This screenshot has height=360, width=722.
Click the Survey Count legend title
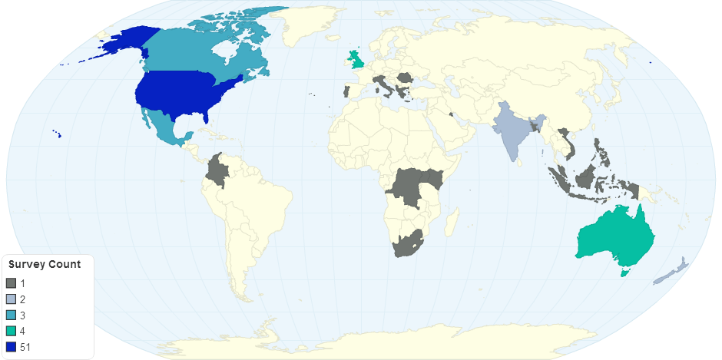tap(45, 265)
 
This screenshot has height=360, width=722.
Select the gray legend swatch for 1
tap(11, 283)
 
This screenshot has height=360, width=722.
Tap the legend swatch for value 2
tap(11, 299)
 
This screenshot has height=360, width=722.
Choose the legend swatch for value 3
tap(11, 315)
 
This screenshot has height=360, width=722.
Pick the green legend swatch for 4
tap(11, 332)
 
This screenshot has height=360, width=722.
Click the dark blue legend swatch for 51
tap(11, 348)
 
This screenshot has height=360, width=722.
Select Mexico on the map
tap(165, 127)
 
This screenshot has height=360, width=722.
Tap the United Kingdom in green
tap(356, 59)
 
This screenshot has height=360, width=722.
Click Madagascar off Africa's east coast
tap(453, 223)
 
